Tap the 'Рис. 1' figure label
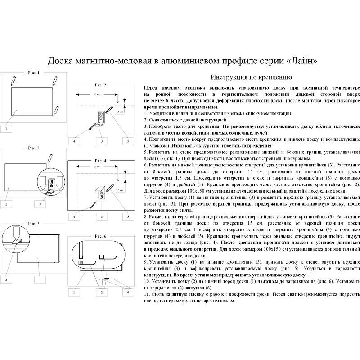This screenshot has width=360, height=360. click(34, 72)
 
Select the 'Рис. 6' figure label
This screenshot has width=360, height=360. click(100, 235)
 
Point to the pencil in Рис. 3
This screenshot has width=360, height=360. click(50, 157)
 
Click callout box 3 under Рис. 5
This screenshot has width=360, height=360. click(6, 279)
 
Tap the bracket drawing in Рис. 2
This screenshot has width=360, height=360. click(101, 118)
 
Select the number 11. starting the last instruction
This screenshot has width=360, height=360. click(147, 294)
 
